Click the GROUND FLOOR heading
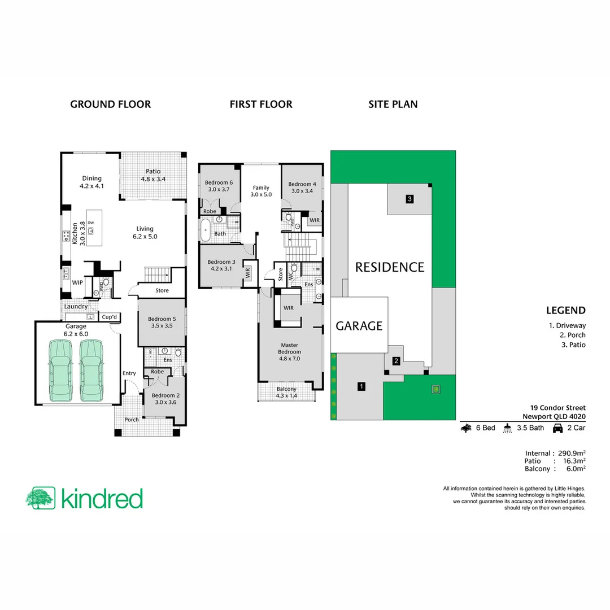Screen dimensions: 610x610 click(x=110, y=104)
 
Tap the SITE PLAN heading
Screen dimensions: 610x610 click(x=393, y=104)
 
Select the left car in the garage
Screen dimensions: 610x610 click(x=62, y=370)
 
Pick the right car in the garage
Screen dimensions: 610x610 click(x=93, y=370)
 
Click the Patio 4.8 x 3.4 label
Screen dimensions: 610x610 click(x=152, y=175)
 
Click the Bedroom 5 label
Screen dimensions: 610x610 click(x=162, y=323)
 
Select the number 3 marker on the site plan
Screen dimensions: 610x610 click(x=409, y=198)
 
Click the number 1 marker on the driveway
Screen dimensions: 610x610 click(x=361, y=387)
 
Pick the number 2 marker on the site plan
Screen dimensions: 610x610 click(x=396, y=361)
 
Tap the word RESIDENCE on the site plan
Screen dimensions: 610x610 click(x=389, y=267)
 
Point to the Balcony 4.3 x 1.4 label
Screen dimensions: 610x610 click(x=286, y=393)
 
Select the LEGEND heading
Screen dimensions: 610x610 click(x=565, y=310)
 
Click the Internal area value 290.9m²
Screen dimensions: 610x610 click(x=570, y=453)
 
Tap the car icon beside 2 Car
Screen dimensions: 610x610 click(x=557, y=428)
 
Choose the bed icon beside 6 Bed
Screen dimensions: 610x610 click(x=467, y=428)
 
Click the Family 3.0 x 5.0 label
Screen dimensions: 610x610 click(x=261, y=191)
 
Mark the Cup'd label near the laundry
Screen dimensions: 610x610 click(x=109, y=317)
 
